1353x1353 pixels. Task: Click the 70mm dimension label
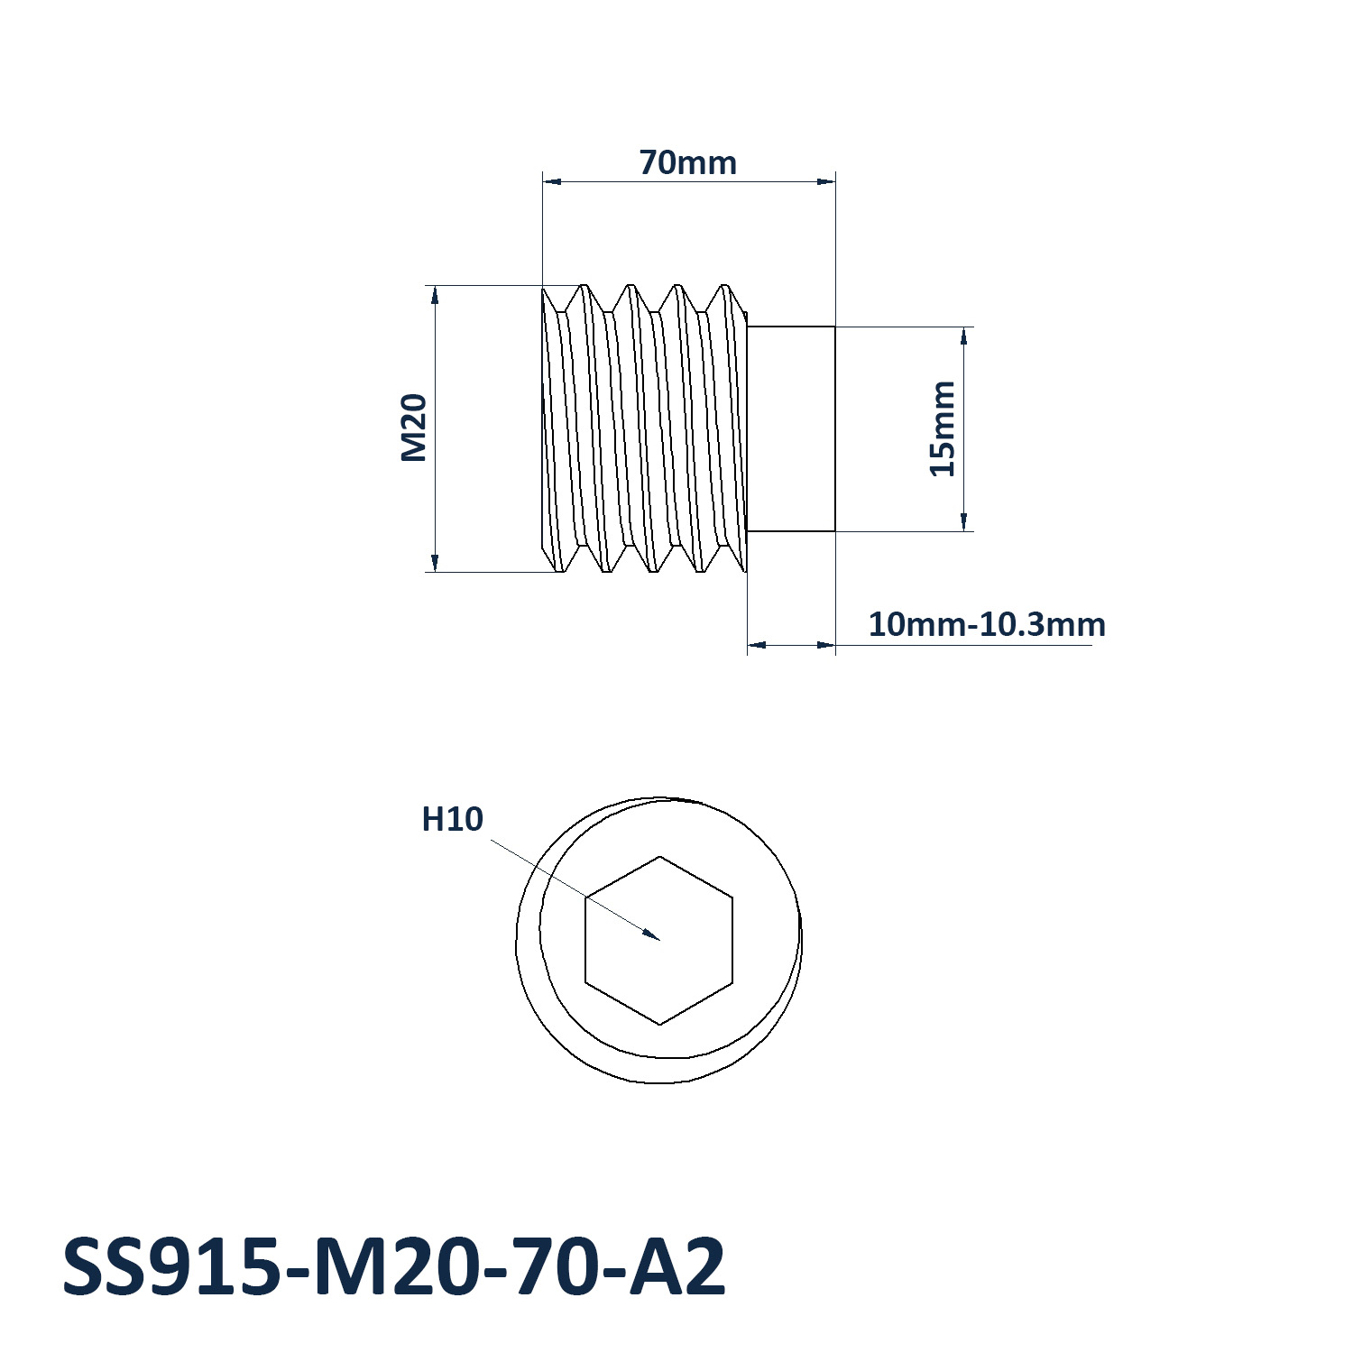pyautogui.click(x=688, y=163)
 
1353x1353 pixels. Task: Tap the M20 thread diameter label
pyautogui.click(x=414, y=428)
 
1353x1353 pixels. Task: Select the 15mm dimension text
pyautogui.click(x=943, y=428)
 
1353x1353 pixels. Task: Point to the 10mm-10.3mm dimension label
pyautogui.click(x=987, y=624)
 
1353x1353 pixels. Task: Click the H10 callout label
pyautogui.click(x=453, y=819)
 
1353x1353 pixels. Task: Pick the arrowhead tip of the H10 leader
pyautogui.click(x=659, y=940)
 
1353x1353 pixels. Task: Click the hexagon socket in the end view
pyautogui.click(x=659, y=940)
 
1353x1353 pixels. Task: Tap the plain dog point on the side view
pyautogui.click(x=791, y=428)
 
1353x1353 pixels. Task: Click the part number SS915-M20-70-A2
pyautogui.click(x=394, y=1267)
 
